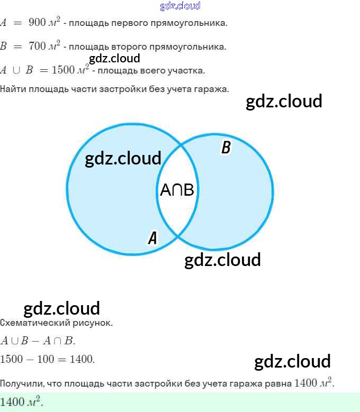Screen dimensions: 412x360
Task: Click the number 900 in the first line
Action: coord(37,23)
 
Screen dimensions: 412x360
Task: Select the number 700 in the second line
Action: coord(37,47)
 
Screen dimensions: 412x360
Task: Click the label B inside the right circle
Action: coord(226,148)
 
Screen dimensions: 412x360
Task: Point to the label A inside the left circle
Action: coord(152,238)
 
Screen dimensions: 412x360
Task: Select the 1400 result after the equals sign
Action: coord(82,359)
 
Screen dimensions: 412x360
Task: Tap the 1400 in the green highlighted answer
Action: coord(13,402)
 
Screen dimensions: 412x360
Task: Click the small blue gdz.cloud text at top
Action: coord(180,6)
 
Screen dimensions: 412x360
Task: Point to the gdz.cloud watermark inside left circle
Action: coord(123,158)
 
